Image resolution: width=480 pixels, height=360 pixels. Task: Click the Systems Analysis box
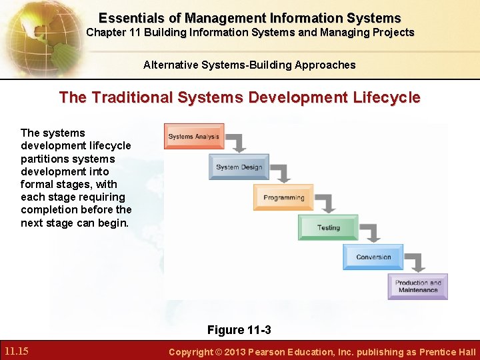[x=194, y=136]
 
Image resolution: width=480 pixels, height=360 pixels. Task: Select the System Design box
[x=239, y=167]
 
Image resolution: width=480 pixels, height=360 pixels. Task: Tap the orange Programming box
[x=283, y=197]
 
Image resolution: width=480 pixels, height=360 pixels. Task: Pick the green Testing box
[x=328, y=227]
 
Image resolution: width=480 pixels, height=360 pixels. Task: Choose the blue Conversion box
[x=373, y=257]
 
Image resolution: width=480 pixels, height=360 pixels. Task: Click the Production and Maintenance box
[x=418, y=286]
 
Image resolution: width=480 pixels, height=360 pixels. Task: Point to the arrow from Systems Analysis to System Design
[x=237, y=142]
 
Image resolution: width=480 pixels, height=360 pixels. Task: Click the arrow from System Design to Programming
[x=282, y=173]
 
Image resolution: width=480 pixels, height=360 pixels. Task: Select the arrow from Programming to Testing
[x=327, y=203]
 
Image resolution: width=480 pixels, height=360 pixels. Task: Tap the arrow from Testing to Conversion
[x=371, y=233]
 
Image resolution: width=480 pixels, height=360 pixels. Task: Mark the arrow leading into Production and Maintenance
[x=416, y=263]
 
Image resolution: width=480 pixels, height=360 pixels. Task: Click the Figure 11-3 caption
[x=239, y=330]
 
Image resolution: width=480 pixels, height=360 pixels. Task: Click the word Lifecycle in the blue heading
[x=388, y=97]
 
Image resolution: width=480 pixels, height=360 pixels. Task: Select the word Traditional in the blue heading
[x=133, y=97]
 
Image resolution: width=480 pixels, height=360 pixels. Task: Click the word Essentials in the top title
[x=131, y=18]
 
